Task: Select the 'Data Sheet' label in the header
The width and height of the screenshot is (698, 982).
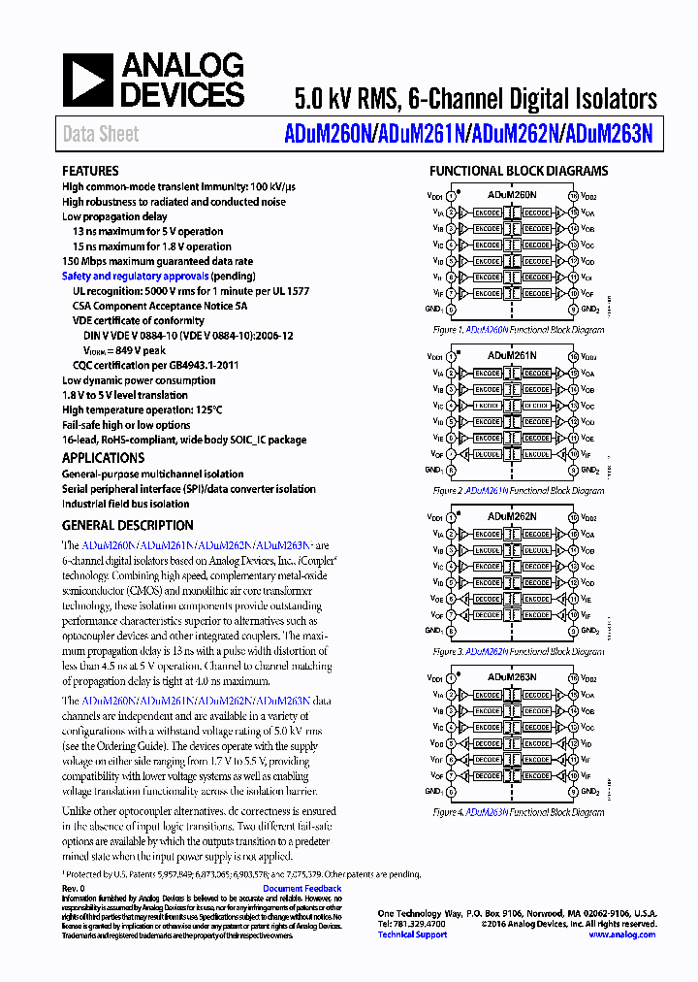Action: pos(100,135)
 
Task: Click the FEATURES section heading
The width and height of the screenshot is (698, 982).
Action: pos(90,171)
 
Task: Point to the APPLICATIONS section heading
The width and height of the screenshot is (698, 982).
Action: pos(103,458)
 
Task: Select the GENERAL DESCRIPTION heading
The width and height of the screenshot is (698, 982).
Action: pos(127,525)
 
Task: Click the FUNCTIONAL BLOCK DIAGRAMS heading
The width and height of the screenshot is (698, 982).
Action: pos(519,172)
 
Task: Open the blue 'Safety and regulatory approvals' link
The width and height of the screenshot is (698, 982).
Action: pos(135,277)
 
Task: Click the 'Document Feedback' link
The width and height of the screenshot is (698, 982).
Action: pos(302,889)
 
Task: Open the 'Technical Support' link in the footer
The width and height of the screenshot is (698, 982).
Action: pos(412,934)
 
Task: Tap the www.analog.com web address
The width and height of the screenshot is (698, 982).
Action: pos(621,934)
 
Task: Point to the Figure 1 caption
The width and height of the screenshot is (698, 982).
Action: pos(518,330)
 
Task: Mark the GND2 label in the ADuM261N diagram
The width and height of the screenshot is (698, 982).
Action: pos(588,471)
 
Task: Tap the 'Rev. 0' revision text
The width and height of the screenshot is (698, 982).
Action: pos(74,889)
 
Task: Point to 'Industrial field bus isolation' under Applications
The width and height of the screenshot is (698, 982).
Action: pos(126,504)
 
